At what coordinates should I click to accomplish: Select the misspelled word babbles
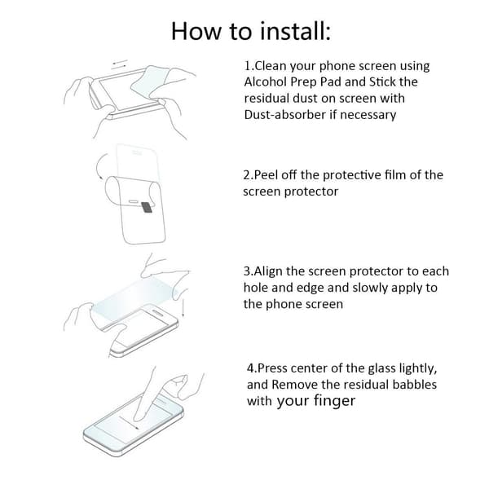point(412,384)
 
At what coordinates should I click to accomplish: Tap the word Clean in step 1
point(271,66)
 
